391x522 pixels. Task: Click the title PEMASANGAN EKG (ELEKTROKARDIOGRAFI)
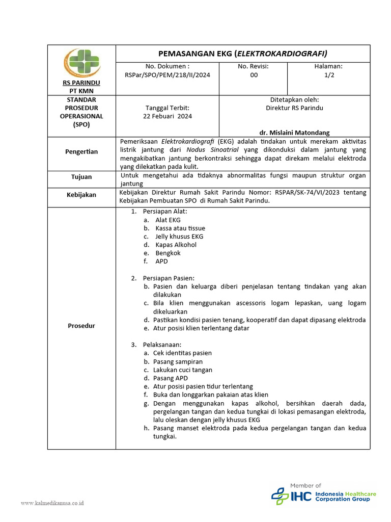(x=243, y=53)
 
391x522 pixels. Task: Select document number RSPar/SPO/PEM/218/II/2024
(x=167, y=75)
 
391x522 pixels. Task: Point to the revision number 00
(x=254, y=75)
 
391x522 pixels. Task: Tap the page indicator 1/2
(x=329, y=75)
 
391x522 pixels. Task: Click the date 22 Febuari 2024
(x=167, y=116)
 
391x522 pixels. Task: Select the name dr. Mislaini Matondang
(x=294, y=133)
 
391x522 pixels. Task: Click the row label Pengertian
(x=81, y=152)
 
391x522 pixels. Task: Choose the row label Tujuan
(x=81, y=177)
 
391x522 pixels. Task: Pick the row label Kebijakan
(x=81, y=195)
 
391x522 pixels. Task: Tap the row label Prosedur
(x=81, y=326)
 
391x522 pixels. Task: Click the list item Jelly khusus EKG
(x=179, y=237)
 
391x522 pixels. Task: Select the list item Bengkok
(x=168, y=253)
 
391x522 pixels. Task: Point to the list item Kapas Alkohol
(x=176, y=245)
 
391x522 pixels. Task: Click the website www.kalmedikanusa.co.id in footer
(x=52, y=503)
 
